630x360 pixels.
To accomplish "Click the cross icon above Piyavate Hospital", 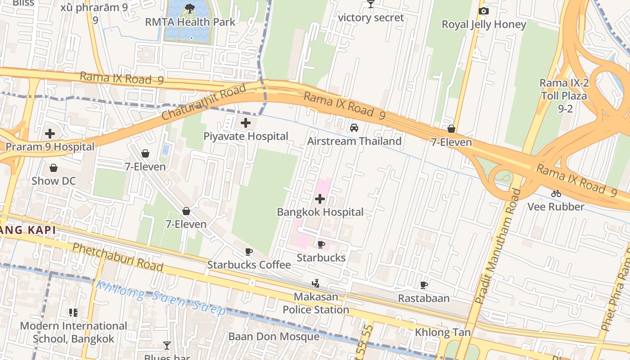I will coord(246,122).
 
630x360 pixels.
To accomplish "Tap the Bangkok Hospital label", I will coord(320,212).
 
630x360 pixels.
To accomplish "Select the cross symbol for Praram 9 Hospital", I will coord(50,133).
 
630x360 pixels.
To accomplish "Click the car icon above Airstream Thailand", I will coord(354,128).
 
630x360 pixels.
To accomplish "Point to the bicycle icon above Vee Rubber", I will coord(556,193).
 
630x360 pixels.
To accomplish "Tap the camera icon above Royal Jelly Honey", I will coord(484,11).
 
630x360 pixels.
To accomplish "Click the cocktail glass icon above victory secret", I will coord(371,4).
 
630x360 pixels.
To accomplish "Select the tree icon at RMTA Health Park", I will coord(190,8).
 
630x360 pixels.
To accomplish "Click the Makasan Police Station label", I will coord(316,303).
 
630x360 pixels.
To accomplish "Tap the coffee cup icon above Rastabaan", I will coord(423,285).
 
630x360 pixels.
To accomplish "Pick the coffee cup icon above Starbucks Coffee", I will coord(249,252).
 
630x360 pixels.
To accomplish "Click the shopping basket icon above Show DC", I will coord(54,168).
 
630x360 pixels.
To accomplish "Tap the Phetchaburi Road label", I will coord(117,256).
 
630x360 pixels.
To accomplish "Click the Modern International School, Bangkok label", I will coord(74,332).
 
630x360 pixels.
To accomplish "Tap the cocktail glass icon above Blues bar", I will coord(167,346).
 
